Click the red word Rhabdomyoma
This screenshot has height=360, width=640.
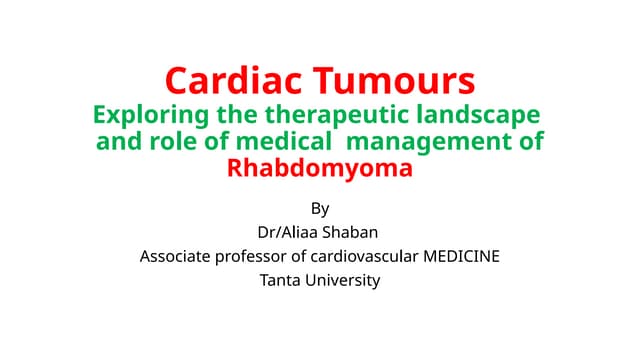coord(320,167)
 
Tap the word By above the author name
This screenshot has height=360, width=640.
coord(320,208)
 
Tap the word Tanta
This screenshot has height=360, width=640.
coord(280,280)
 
